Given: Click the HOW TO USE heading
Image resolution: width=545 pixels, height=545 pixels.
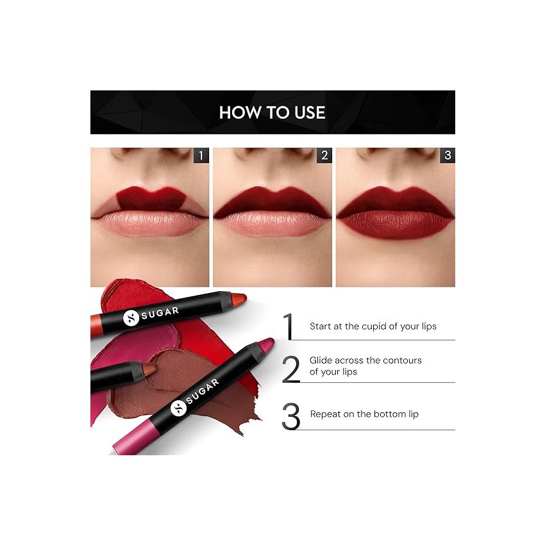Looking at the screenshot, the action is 272,113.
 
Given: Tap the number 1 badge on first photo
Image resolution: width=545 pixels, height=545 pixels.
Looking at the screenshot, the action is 201,155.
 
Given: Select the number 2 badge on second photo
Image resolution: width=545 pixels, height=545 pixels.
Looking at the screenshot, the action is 324,155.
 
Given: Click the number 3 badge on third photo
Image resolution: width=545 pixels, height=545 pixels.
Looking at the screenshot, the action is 447,155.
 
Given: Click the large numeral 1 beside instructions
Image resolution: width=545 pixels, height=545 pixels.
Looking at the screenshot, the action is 290,326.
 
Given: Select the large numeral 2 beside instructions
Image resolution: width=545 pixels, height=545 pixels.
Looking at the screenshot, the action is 290,369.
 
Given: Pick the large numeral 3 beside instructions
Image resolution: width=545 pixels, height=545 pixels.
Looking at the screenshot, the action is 290,416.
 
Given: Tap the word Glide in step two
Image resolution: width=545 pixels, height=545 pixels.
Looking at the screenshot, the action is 322,360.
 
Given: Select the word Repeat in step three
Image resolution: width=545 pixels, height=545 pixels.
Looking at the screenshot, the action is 326,414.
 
